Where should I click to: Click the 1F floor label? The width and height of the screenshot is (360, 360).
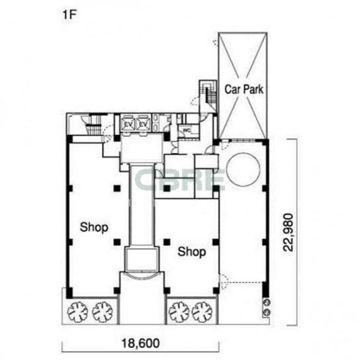[x=69, y=15]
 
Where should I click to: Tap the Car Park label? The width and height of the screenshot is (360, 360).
[x=244, y=89]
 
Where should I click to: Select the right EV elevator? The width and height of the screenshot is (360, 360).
[x=144, y=124]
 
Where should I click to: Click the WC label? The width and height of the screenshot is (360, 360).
[x=187, y=130]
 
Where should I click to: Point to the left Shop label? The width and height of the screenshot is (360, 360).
[x=94, y=227]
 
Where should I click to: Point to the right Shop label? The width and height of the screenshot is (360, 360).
[x=192, y=251]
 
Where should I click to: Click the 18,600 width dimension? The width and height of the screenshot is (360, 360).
[x=140, y=343]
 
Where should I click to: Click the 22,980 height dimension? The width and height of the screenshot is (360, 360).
[x=289, y=232]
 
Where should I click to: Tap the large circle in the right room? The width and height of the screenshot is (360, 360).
[x=244, y=153]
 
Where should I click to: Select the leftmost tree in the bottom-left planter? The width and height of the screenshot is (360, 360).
[x=77, y=312]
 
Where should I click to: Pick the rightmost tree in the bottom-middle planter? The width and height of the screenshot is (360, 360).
[x=202, y=312]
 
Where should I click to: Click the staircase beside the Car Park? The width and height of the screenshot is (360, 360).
[x=208, y=94]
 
